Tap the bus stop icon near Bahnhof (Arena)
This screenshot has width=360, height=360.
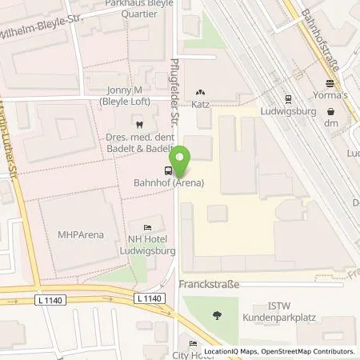[167, 170]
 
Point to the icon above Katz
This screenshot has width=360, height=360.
[200, 92]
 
